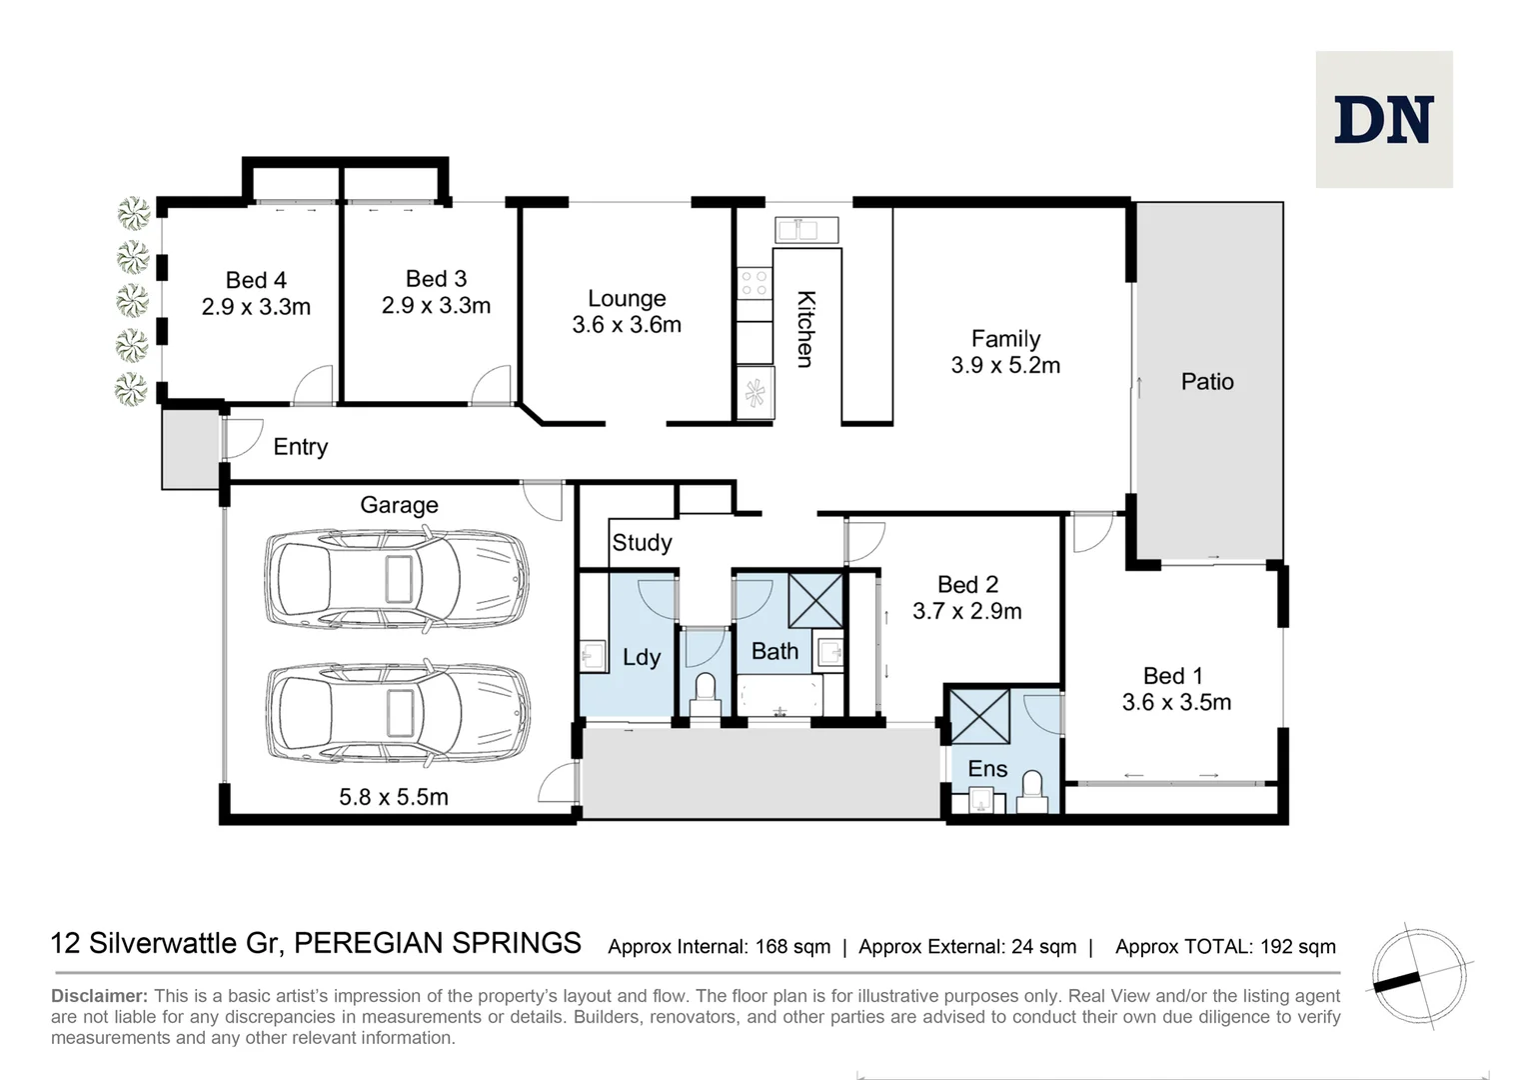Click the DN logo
tap(1384, 119)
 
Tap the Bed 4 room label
tap(256, 280)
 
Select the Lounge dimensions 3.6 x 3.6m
tap(627, 325)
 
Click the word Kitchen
tap(806, 329)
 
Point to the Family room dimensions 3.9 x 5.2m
tap(1005, 365)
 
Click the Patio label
tap(1207, 381)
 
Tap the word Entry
tap(301, 447)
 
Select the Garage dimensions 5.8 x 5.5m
tap(394, 797)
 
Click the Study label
tap(643, 543)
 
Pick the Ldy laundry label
tap(642, 658)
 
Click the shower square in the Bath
tap(815, 600)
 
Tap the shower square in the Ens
tap(980, 716)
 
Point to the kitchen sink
tap(806, 230)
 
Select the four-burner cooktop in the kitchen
tap(754, 283)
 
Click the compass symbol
tap(1419, 976)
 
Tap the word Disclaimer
tap(100, 996)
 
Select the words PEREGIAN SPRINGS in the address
tap(438, 944)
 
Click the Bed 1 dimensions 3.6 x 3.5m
tap(1176, 703)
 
